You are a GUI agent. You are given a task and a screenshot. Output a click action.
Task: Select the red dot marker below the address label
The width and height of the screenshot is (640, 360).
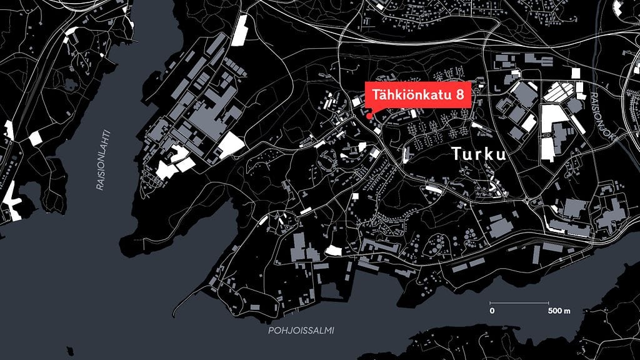(369, 115)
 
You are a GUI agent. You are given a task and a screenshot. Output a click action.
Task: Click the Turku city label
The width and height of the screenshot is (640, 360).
(478, 154)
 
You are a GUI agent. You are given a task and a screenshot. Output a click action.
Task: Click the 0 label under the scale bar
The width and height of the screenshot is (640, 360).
(492, 311)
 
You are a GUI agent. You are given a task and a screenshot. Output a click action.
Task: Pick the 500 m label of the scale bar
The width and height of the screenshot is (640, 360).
(559, 311)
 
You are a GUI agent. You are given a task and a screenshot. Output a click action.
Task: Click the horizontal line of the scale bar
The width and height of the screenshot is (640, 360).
(521, 304)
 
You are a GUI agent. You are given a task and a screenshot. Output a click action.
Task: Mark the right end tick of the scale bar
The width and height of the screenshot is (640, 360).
(549, 304)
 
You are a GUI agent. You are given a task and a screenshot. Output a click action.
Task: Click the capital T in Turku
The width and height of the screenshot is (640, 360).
(456, 154)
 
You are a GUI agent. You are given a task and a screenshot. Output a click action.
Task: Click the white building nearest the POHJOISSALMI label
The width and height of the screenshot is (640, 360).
(333, 251)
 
